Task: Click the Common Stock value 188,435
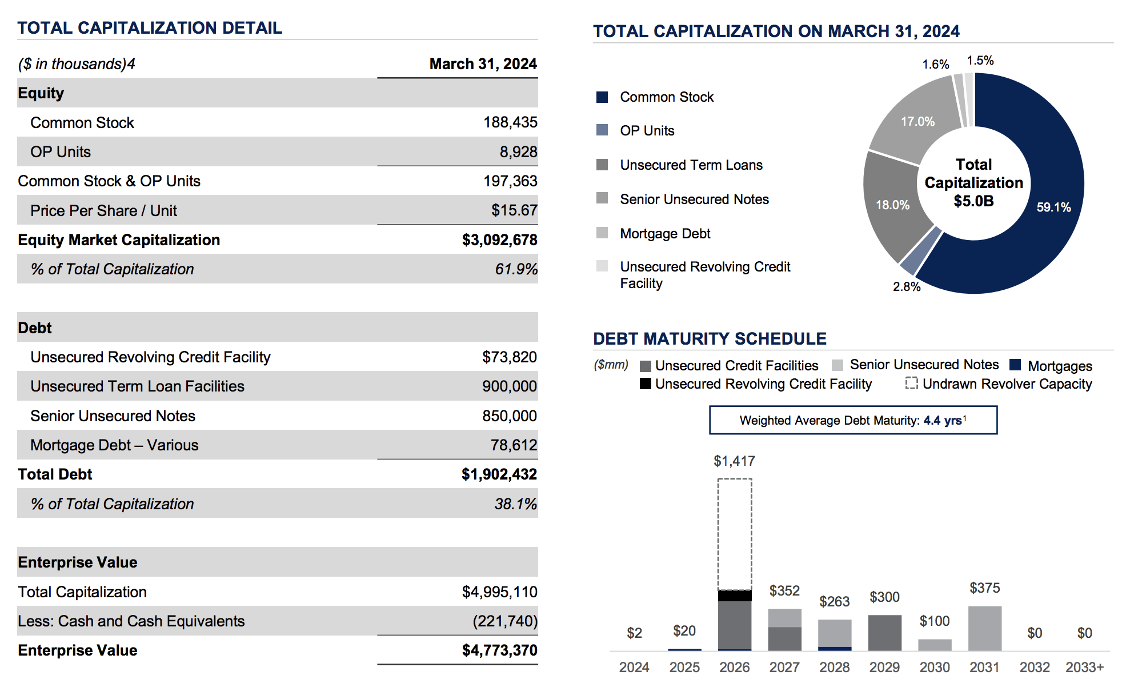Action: pyautogui.click(x=510, y=122)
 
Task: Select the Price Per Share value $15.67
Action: pyautogui.click(x=514, y=210)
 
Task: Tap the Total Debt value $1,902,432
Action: pyautogui.click(x=499, y=474)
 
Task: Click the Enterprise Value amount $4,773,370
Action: pyautogui.click(x=499, y=650)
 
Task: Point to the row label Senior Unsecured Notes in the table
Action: pyautogui.click(x=113, y=416)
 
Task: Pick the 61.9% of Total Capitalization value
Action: pyautogui.click(x=516, y=269)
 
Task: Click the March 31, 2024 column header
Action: pyautogui.click(x=483, y=64)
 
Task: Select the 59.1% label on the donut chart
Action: pyautogui.click(x=1053, y=207)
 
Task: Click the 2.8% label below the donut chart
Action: pyautogui.click(x=907, y=287)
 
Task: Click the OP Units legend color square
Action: pyautogui.click(x=602, y=130)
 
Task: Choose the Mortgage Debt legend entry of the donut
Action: pyautogui.click(x=665, y=234)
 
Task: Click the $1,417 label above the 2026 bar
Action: pyautogui.click(x=734, y=461)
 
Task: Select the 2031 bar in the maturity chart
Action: pyautogui.click(x=984, y=629)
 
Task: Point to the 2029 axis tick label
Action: pyautogui.click(x=884, y=668)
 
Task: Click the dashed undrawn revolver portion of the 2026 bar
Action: pyautogui.click(x=735, y=534)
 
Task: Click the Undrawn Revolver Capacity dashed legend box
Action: pyautogui.click(x=911, y=384)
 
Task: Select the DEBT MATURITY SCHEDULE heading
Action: pyautogui.click(x=710, y=339)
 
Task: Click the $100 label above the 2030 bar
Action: pyautogui.click(x=934, y=621)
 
